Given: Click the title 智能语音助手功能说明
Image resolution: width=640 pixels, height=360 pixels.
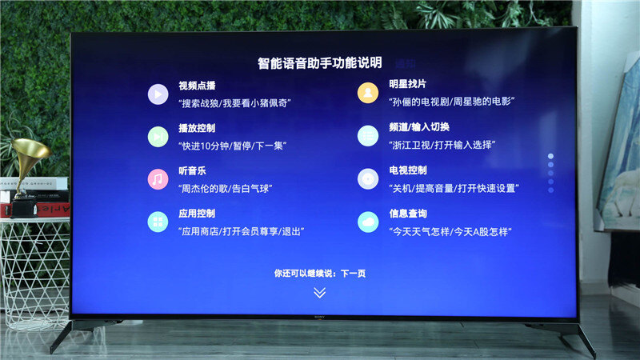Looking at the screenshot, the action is tap(319, 63).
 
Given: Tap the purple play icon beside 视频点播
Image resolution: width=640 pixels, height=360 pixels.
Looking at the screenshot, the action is tap(158, 94).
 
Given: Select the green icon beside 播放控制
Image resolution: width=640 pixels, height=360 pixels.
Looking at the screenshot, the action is tap(158, 137).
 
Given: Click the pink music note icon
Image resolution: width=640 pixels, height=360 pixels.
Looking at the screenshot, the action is tap(158, 179).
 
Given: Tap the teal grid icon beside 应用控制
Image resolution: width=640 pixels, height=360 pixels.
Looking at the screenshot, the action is tap(158, 222).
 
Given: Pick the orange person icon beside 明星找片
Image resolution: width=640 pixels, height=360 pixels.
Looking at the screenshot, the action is tap(368, 93).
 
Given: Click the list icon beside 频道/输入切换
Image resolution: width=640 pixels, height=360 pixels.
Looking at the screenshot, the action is tap(368, 135).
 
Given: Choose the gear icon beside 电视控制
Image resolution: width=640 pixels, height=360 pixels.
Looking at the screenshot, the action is tap(368, 178).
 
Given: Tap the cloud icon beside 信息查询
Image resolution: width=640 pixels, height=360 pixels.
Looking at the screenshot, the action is tap(368, 222).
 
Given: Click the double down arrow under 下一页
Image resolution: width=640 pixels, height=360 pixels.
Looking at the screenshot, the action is tap(319, 293).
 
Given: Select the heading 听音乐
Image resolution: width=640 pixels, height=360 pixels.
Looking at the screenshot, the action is tap(192, 170).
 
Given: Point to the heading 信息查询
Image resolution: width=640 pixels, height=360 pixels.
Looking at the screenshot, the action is tap(408, 214).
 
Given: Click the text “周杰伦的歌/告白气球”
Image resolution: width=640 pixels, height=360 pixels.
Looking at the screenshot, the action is tap(226, 189).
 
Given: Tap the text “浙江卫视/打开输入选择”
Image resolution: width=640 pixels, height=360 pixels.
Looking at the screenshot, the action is tap(442, 145).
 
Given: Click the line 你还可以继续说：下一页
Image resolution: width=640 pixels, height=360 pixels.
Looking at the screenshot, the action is tap(319, 273).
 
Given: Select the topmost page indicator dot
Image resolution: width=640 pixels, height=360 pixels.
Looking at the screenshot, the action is tap(550, 156).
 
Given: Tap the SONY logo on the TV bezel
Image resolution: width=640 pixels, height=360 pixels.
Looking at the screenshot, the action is tap(319, 317).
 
